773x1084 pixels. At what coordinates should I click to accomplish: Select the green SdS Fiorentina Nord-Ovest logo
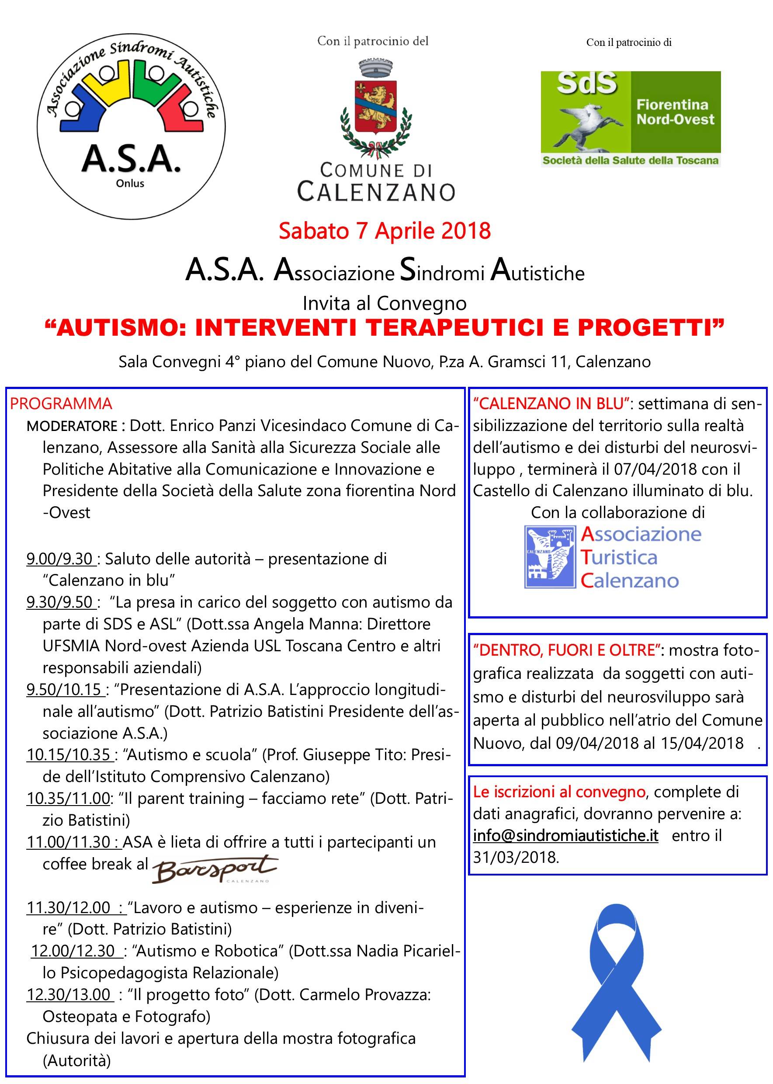631,118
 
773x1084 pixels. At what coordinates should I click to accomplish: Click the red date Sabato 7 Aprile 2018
385,231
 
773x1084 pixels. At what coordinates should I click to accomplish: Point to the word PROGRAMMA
61,404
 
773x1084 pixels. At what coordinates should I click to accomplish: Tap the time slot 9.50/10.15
64,689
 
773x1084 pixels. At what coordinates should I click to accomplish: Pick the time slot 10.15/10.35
69,754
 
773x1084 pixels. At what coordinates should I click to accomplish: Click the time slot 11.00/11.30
74,842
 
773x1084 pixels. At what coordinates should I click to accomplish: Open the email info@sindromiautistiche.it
565,835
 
